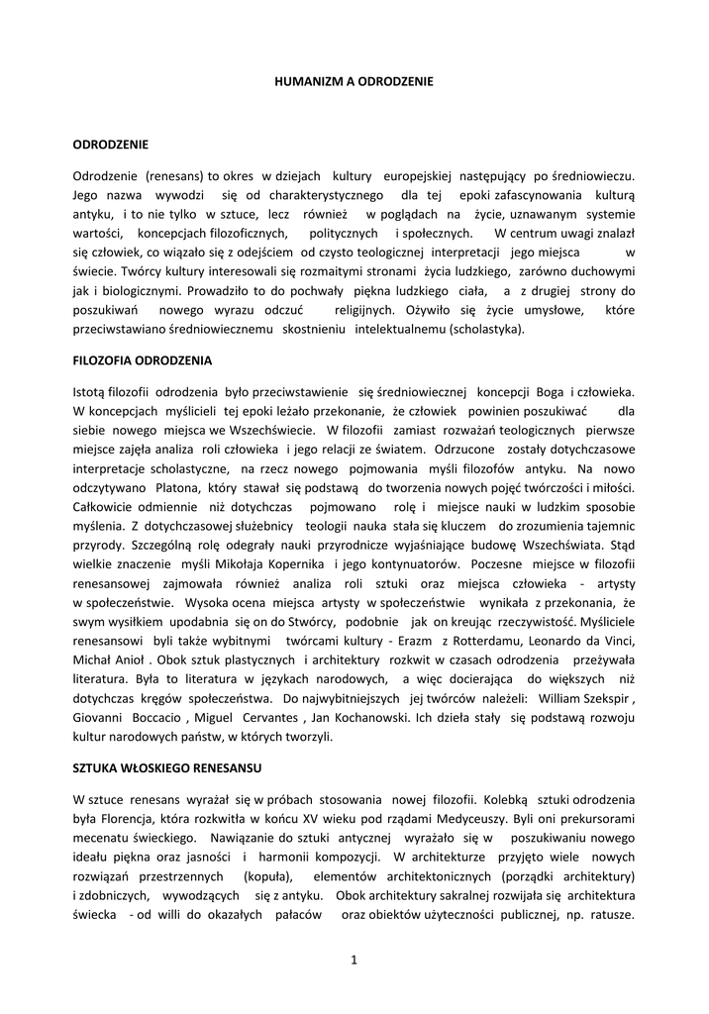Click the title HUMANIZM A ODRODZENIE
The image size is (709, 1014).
coord(354,78)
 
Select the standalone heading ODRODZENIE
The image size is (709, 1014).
coord(110,145)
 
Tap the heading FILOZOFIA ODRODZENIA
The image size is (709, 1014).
coord(143,359)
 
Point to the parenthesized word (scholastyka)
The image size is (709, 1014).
coord(488,329)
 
